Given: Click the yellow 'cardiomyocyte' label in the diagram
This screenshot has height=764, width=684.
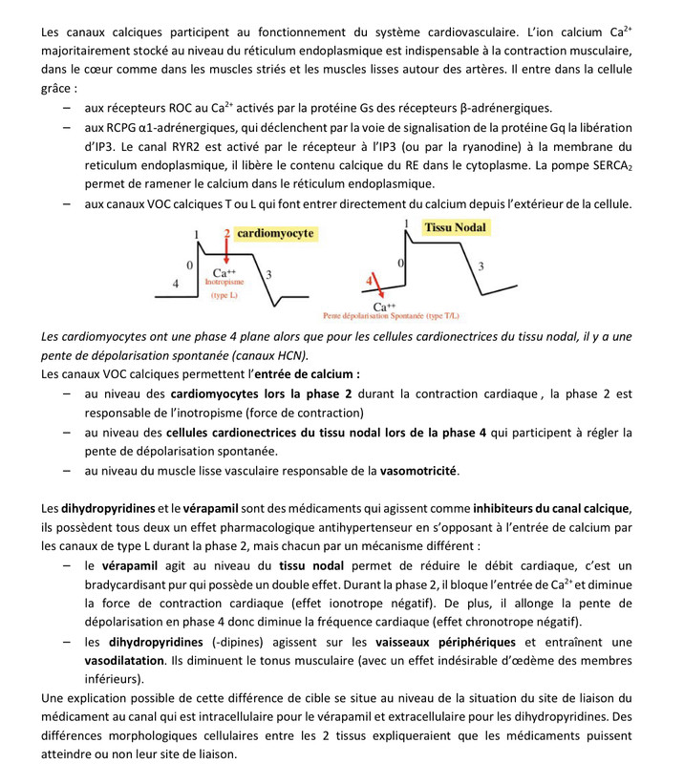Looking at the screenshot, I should click(x=275, y=233).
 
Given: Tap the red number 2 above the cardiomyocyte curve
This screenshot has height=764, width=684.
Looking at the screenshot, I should click(x=226, y=234).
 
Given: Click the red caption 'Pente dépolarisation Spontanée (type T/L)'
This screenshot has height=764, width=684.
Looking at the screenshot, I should click(x=391, y=315).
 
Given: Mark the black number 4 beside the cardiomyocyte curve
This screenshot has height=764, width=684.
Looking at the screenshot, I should click(x=175, y=284).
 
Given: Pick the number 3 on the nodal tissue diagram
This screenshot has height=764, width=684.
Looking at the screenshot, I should click(x=481, y=265).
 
